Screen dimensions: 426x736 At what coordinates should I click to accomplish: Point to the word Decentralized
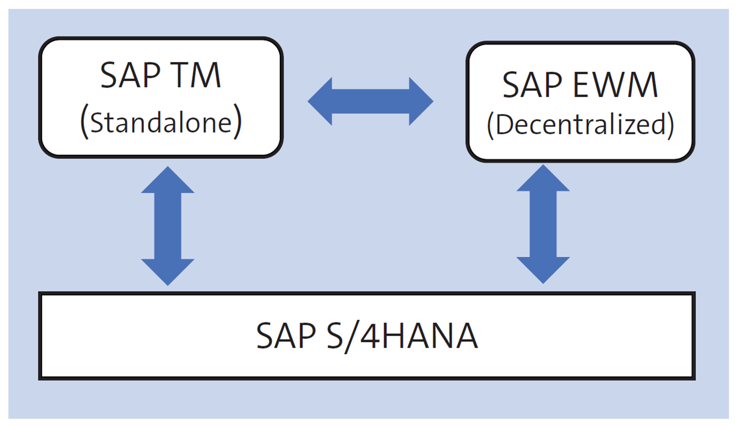[580, 125]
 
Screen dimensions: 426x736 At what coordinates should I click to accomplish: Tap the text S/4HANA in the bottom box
[406, 336]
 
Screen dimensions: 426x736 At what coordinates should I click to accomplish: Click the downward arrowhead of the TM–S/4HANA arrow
[168, 271]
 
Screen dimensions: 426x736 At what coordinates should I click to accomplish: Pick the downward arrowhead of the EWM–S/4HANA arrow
[543, 270]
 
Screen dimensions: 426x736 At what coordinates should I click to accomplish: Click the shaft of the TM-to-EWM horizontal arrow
[370, 101]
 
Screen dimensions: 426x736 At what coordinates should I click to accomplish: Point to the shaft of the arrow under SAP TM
[168, 225]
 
